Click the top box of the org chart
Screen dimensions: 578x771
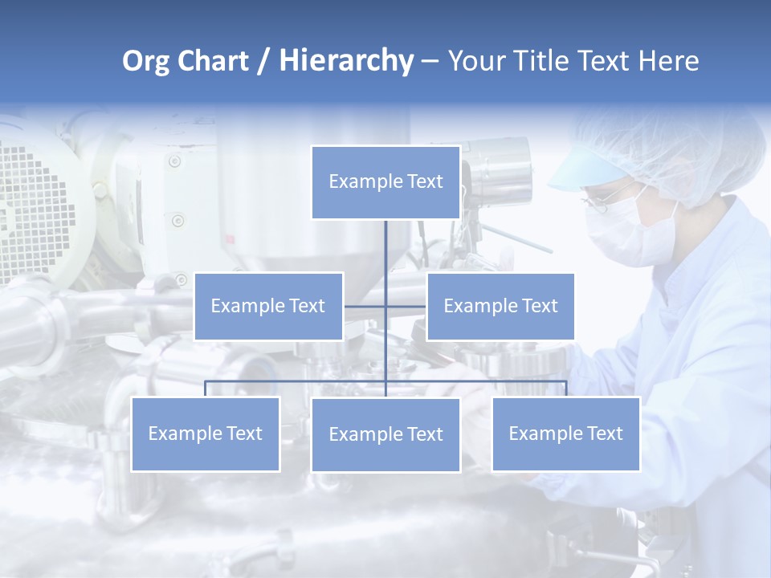(385, 182)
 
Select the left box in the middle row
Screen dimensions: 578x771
(268, 306)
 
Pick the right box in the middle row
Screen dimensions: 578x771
(500, 306)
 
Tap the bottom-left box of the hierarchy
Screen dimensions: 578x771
(206, 433)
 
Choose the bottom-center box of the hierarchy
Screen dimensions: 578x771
(385, 434)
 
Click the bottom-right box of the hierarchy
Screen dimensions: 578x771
(565, 433)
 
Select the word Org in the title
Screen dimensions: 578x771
(145, 61)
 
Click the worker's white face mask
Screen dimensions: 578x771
(622, 237)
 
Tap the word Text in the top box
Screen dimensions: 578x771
(424, 182)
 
